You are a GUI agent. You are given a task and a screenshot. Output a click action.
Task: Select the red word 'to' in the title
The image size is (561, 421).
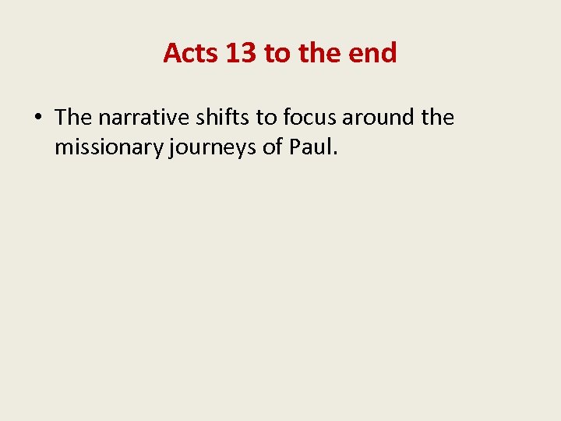[x=277, y=53]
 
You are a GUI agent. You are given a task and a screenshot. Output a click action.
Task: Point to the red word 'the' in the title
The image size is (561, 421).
[x=316, y=53]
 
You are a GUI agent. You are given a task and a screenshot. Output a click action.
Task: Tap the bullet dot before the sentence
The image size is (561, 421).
[x=38, y=119]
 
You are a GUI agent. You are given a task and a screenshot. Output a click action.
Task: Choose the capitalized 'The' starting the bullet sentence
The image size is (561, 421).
[x=73, y=118]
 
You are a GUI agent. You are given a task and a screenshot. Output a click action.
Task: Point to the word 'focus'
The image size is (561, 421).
[x=311, y=118]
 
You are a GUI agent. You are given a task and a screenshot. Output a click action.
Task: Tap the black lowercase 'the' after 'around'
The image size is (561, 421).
[x=437, y=118]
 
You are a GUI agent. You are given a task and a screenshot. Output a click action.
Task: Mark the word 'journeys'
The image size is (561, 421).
[x=212, y=147]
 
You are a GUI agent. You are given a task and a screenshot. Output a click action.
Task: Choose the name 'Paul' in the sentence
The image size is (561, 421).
[x=311, y=147]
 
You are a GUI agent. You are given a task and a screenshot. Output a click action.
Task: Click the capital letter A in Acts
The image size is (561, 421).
[x=172, y=53]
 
